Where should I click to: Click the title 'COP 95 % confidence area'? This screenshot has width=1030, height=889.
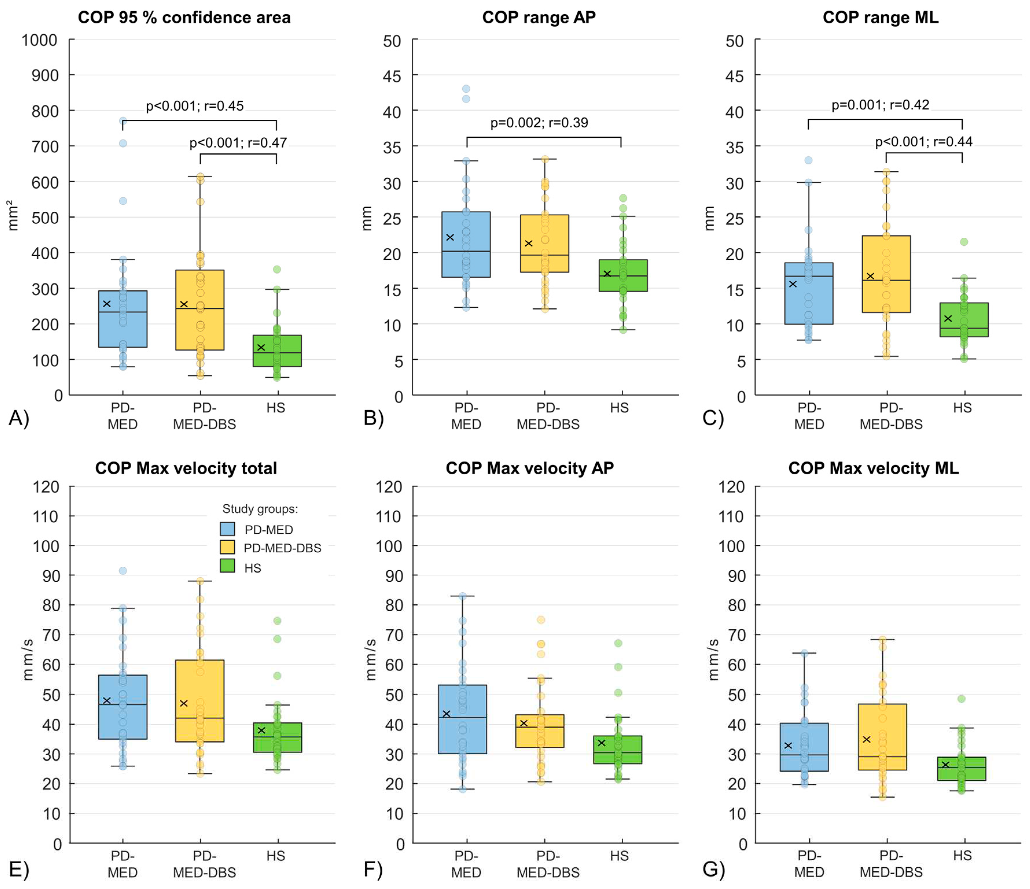pos(184,18)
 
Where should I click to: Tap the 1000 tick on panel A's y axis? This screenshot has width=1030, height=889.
pos(39,40)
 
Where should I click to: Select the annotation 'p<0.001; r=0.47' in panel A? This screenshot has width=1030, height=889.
pos(238,143)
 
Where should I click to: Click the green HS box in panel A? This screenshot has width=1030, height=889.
pos(276,351)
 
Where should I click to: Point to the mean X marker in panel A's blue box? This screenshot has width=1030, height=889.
pos(106,304)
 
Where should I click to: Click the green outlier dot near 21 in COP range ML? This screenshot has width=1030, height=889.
pos(963,242)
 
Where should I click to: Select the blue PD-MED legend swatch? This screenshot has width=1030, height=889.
pos(227,529)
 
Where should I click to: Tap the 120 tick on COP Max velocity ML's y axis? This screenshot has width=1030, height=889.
pos(731,487)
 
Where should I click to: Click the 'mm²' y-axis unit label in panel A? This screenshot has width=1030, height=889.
pos(12,216)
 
